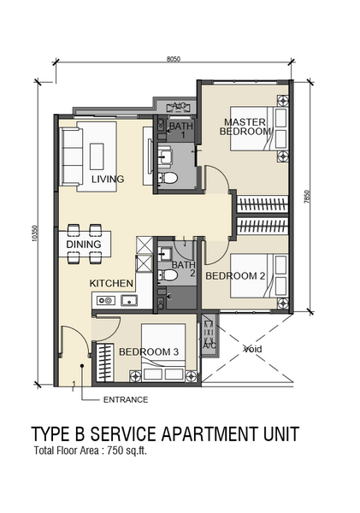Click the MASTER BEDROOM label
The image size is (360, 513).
coord(245,127)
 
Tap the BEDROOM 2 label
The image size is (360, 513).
coord(235,276)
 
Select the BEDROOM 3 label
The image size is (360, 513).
coord(149,351)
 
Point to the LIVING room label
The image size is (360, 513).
coord(108,179)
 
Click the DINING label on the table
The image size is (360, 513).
coord(84,244)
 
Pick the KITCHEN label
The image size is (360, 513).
coord(111,283)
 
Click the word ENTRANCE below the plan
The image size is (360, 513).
coord(126,399)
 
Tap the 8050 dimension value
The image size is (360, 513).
coord(174,59)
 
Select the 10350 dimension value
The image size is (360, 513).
coord(35,233)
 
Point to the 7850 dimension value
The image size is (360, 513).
coord(307,197)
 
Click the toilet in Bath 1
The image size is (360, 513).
coord(168,178)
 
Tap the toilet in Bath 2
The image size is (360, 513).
coord(168,275)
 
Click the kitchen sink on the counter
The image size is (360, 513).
coord(129,300)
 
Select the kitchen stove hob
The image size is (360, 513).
coord(106,300)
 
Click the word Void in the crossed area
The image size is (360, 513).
coord(253,349)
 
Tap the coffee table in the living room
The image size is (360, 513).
coord(97,156)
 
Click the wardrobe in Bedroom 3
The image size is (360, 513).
coord(104,363)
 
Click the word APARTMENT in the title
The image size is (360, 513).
coord(210,433)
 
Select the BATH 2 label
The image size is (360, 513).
coord(184,269)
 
